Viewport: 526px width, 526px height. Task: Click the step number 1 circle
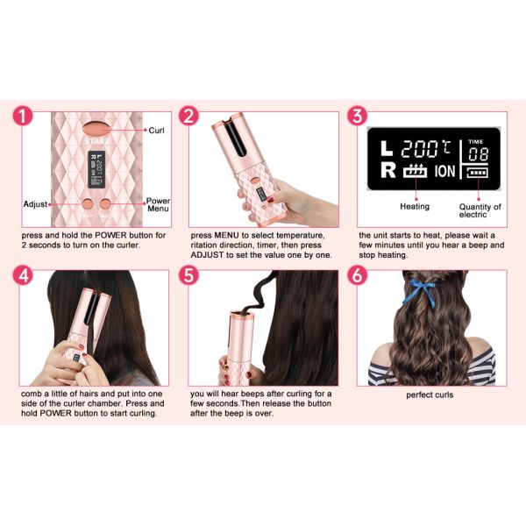(23, 116)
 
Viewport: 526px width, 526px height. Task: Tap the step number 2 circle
(188, 116)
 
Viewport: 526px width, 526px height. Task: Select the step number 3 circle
(358, 116)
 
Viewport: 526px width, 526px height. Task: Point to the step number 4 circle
(23, 275)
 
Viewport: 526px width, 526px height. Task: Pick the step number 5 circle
(188, 275)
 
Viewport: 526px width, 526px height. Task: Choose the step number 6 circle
(358, 275)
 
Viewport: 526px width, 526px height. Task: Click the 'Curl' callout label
(156, 130)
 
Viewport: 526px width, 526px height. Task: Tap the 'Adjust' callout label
(35, 204)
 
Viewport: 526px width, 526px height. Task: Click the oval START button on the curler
(96, 129)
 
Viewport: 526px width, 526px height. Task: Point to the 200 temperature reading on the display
(419, 149)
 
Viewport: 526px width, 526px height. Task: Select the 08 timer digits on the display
(478, 154)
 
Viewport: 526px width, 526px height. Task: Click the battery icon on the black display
(477, 173)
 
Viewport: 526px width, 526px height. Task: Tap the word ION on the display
(444, 171)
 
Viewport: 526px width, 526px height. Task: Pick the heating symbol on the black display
(416, 171)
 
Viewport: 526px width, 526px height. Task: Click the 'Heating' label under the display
(415, 206)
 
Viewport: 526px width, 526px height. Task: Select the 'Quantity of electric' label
(480, 210)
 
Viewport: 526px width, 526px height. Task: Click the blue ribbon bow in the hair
(420, 293)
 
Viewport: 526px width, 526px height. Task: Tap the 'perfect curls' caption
(430, 394)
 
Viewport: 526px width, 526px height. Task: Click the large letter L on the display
(387, 148)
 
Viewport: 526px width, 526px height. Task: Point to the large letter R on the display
(388, 170)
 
